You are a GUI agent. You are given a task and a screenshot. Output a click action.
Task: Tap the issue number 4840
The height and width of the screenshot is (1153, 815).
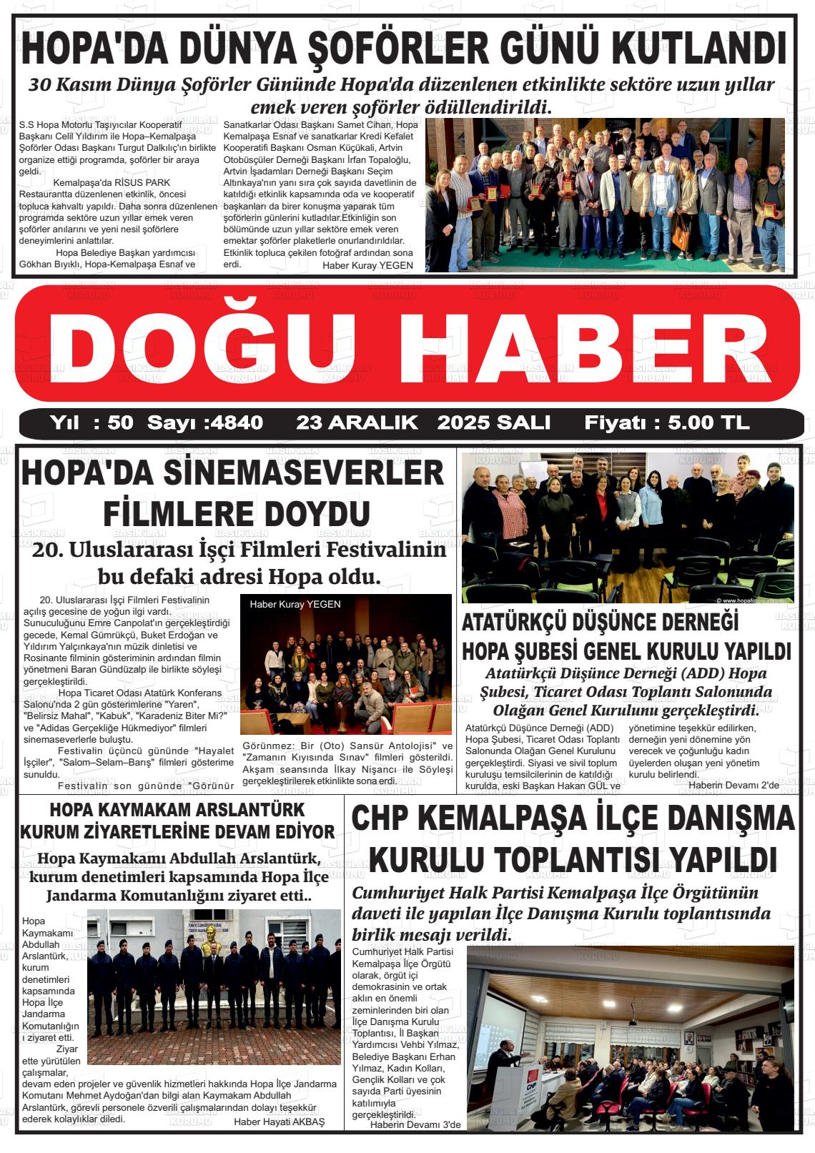[235, 422]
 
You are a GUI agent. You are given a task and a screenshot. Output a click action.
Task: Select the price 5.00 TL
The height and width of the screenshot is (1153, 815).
[708, 422]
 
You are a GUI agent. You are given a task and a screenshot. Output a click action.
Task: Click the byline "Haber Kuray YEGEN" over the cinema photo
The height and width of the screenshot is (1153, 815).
[295, 604]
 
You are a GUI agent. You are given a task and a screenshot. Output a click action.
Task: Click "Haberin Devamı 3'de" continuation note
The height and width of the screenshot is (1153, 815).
[415, 1125]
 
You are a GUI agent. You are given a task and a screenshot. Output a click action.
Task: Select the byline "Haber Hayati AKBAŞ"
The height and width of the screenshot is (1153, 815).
[279, 1122]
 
